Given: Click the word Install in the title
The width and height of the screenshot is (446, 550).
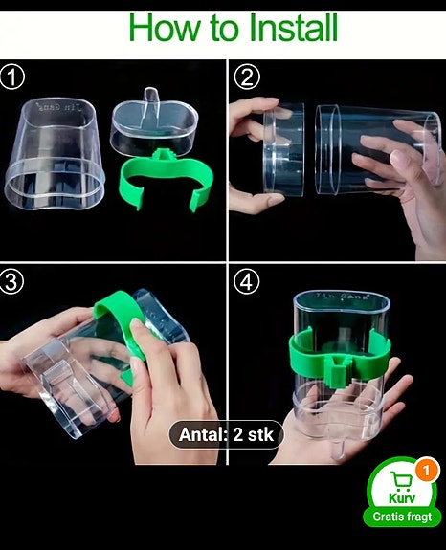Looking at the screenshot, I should [x=279, y=29].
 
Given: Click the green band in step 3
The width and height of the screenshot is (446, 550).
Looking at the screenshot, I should [x=119, y=326].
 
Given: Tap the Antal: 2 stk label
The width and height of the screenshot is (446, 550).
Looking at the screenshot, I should [x=227, y=435].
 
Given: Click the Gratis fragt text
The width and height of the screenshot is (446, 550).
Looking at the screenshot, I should [x=402, y=517].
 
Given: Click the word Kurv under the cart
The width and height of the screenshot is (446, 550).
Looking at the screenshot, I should [x=401, y=499].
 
